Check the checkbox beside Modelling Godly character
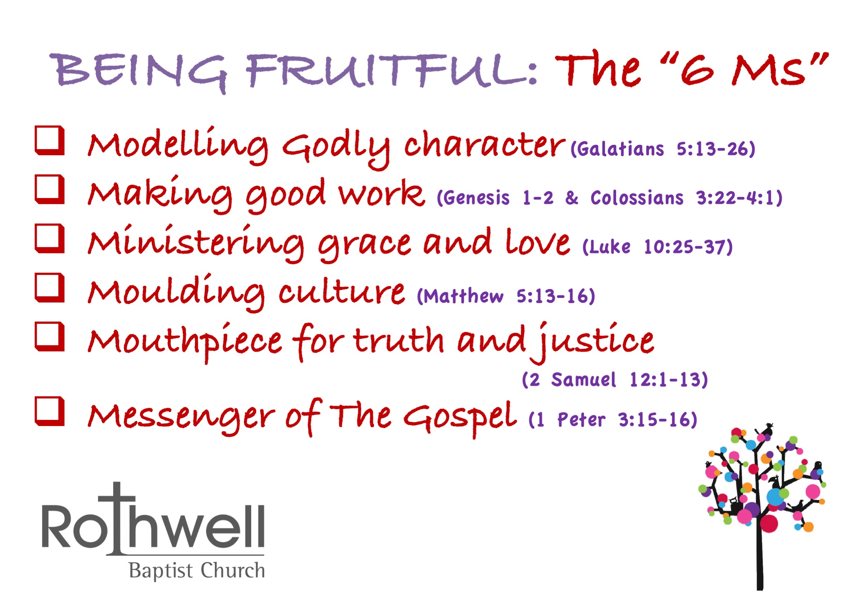[49, 140]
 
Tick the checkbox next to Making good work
[49, 189]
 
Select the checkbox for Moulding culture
[49, 287]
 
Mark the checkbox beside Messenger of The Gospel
[49, 411]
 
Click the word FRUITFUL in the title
[386, 71]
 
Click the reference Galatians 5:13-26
[663, 149]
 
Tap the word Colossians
[637, 198]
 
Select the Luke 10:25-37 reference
[657, 247]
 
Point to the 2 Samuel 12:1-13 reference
[615, 380]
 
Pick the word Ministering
[195, 243]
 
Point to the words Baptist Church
[197, 571]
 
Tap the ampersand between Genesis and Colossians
[572, 198]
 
